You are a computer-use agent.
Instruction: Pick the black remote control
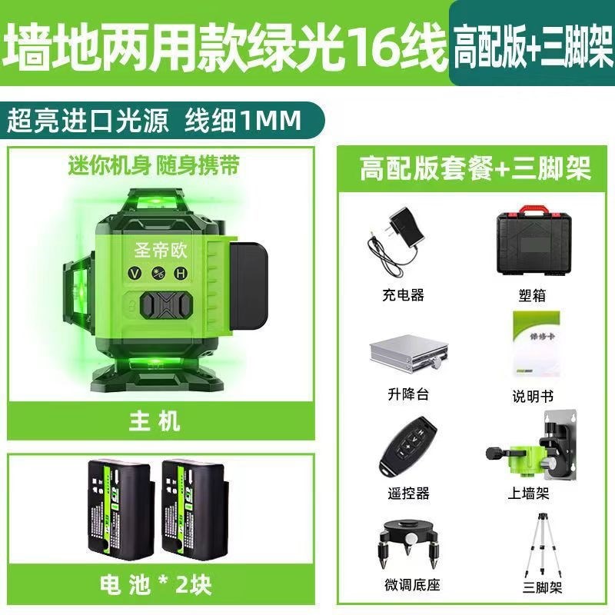[407, 451]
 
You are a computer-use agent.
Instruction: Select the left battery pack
[124, 507]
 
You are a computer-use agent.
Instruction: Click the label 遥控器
[407, 492]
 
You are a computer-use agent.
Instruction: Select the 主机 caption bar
[161, 421]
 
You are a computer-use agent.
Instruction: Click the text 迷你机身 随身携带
[154, 165]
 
